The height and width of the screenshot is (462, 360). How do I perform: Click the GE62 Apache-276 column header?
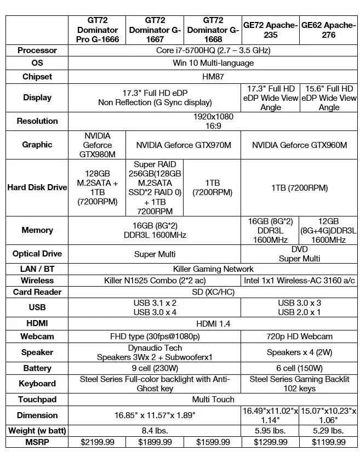[329, 30]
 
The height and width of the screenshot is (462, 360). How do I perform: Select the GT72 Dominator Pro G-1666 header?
[98, 30]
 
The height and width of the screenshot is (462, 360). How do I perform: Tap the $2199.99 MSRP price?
[98, 442]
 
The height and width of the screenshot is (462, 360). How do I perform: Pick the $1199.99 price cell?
[329, 442]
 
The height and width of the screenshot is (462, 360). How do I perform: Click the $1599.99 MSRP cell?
[212, 442]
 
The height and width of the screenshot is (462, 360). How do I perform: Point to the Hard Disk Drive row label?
[37, 187]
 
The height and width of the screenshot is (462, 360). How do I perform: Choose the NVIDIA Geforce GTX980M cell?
[98, 145]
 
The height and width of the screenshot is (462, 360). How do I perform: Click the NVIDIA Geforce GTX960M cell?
[299, 145]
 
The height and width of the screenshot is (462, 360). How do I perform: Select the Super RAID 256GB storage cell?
[155, 187]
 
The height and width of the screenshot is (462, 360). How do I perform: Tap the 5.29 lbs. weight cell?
[329, 431]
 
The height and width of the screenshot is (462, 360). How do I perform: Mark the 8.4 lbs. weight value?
[155, 431]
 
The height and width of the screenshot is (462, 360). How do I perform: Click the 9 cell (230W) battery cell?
[155, 368]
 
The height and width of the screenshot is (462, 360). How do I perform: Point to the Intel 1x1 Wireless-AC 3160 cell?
[299, 281]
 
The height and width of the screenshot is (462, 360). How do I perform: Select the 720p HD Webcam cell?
[299, 336]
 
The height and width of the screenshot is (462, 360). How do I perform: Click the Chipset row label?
[37, 77]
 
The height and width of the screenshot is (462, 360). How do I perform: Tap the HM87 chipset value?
[213, 77]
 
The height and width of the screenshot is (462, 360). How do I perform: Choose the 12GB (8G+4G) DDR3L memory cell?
[329, 230]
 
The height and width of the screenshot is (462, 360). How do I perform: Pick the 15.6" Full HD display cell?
[329, 98]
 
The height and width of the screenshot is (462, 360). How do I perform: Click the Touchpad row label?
[37, 400]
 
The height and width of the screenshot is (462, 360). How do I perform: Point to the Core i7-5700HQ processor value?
[213, 50]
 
